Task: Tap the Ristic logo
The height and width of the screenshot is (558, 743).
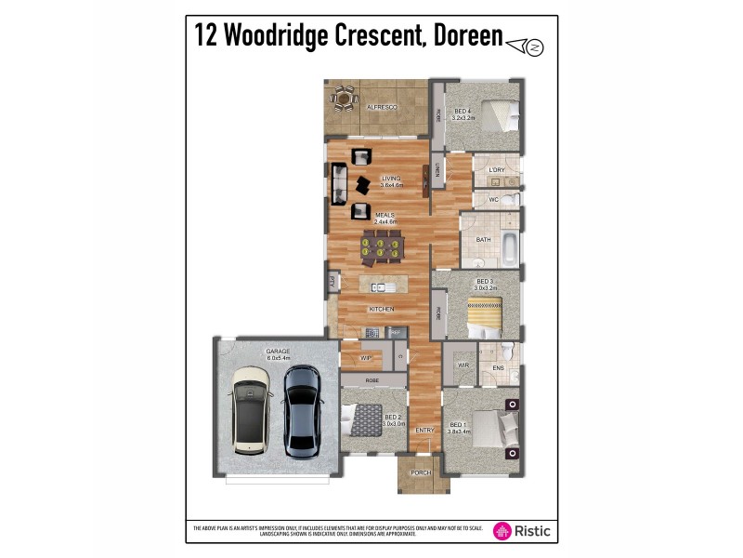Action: (521, 530)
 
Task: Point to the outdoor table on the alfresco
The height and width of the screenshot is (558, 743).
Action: (345, 96)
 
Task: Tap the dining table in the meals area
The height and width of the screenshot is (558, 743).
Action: (382, 247)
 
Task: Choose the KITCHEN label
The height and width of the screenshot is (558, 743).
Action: (382, 309)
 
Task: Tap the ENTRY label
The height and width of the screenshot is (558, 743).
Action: (424, 431)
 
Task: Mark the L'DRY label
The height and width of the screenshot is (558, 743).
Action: (497, 170)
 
